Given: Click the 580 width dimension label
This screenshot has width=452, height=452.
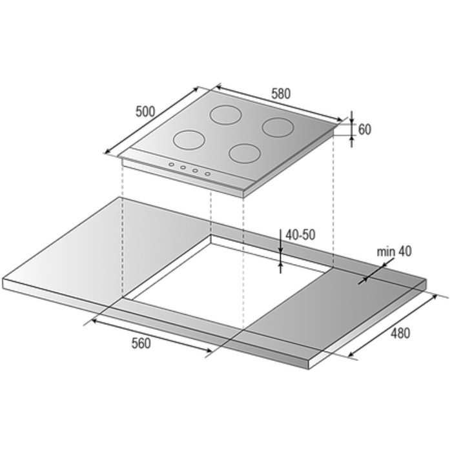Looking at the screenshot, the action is click(281, 94).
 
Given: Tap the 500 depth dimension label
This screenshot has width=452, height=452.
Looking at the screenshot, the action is click(145, 112).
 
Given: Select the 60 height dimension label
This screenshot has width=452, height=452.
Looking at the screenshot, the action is click(365, 129).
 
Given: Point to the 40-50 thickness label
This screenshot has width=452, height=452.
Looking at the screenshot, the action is click(300, 235).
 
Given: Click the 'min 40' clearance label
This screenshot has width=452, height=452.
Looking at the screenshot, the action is click(394, 251).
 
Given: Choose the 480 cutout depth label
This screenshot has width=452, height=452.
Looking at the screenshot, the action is click(400, 333).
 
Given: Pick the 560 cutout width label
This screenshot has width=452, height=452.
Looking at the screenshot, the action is click(141, 344).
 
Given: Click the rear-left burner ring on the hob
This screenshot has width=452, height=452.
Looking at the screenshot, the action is click(225, 115).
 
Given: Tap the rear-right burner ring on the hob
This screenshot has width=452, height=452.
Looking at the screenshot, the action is click(278, 127).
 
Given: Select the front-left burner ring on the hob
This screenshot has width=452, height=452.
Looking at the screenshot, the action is click(189, 140).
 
